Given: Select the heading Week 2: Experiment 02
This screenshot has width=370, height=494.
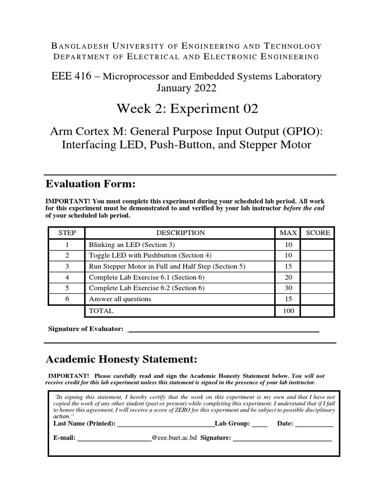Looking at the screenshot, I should pyautogui.click(x=187, y=109).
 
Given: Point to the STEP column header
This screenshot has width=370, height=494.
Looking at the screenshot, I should pyautogui.click(x=67, y=233).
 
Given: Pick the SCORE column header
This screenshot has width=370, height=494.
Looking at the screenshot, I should pyautogui.click(x=318, y=233).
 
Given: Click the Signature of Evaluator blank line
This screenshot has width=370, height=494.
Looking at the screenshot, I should pyautogui.click(x=225, y=330).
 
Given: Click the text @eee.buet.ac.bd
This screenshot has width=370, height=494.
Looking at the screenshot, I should pyautogui.click(x=174, y=439).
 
